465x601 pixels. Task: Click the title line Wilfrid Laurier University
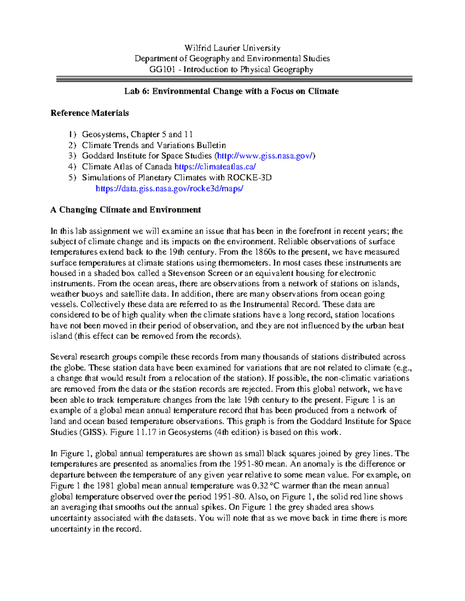(x=232, y=48)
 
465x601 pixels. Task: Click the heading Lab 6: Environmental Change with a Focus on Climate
(x=231, y=91)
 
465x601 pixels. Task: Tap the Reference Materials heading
(x=90, y=113)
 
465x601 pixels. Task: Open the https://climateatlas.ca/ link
(x=215, y=167)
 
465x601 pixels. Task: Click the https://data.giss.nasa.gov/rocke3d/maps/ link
(x=169, y=188)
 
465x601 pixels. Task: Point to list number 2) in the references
(x=72, y=146)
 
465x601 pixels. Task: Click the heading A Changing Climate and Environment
(x=126, y=210)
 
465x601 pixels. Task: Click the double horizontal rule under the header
(x=234, y=79)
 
